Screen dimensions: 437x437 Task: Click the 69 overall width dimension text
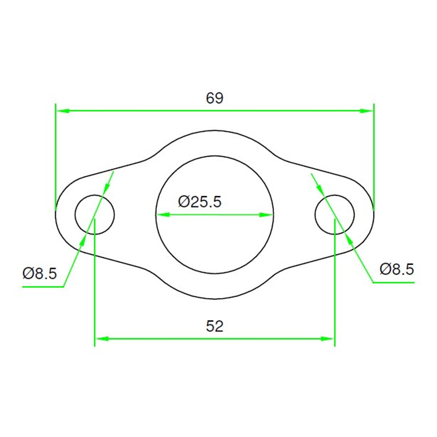[214, 98]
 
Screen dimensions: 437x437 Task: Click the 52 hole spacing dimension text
[214, 326]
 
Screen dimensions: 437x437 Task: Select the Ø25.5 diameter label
[200, 202]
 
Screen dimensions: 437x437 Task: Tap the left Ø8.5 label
[40, 273]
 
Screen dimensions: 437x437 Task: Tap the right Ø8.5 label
[397, 269]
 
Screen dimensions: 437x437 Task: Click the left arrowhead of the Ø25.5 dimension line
[162, 215]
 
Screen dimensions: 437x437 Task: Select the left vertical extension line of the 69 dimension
[55, 157]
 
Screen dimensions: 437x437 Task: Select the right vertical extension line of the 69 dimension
[374, 157]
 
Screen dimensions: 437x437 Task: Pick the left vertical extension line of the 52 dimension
[94, 291]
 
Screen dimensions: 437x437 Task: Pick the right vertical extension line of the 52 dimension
[335, 291]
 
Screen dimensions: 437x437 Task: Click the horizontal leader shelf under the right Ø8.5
[393, 282]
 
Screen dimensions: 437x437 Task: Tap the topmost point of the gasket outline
[215, 130]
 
